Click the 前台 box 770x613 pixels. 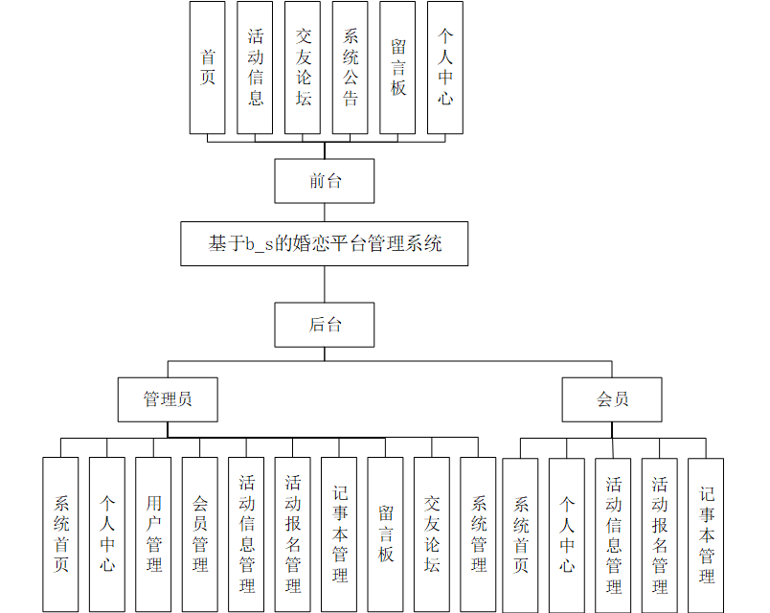(324, 181)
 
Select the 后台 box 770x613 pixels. (324, 325)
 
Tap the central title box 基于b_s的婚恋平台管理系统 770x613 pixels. (325, 243)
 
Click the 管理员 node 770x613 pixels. (168, 399)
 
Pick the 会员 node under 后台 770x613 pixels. (612, 399)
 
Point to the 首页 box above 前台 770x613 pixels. (208, 67)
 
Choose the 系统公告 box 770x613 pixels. (351, 67)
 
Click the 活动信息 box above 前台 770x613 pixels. (256, 67)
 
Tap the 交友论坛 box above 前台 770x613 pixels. (303, 67)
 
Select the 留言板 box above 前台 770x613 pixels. (397, 67)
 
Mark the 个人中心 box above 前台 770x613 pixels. (445, 67)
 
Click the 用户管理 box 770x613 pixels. (153, 534)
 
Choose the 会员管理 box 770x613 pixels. (200, 534)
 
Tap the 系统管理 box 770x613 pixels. (478, 534)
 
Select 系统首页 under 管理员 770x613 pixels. (60, 534)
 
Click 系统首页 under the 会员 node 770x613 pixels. (520, 534)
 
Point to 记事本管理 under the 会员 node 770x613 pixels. (706, 534)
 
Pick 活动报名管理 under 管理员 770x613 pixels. (293, 534)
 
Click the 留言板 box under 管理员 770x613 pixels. (385, 534)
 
